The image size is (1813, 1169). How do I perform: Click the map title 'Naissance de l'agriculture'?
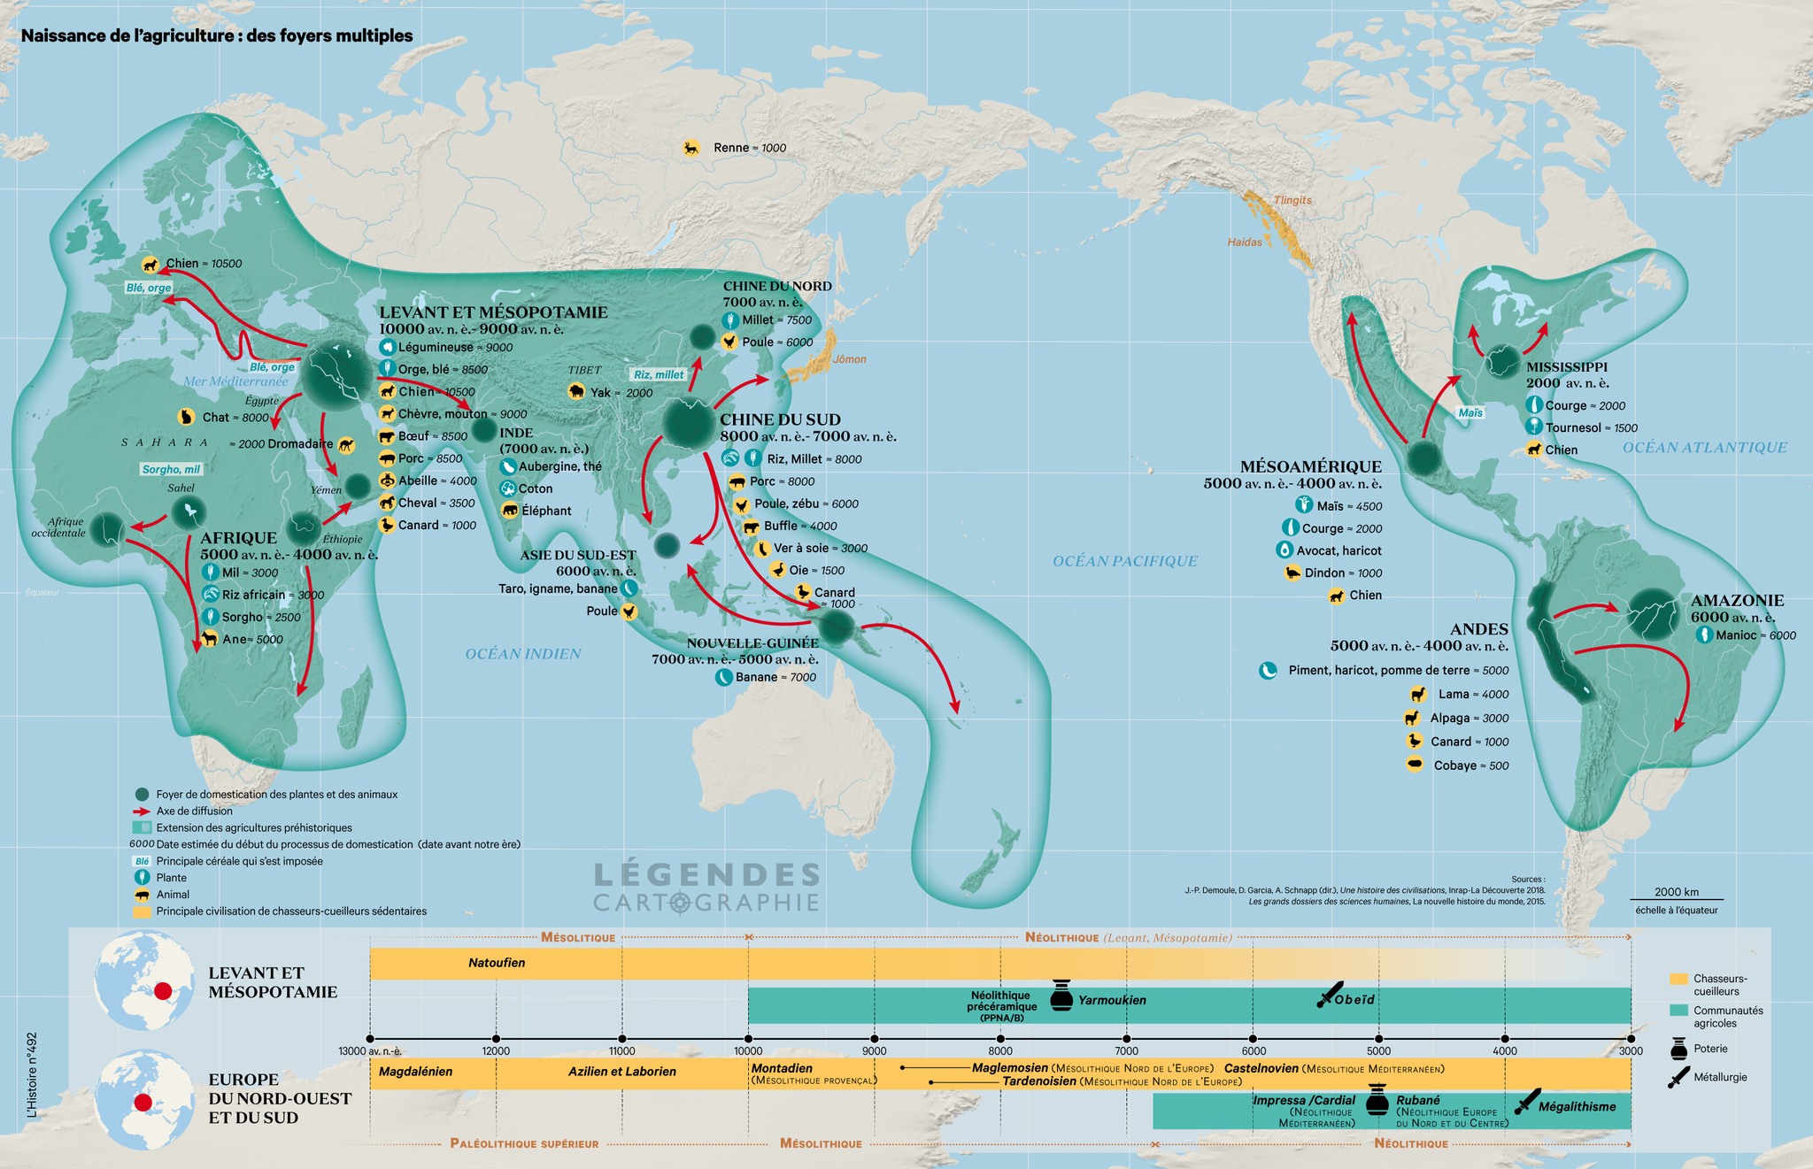(216, 36)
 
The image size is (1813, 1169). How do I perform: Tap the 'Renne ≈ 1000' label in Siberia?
(749, 148)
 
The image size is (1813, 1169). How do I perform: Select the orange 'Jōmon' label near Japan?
(849, 359)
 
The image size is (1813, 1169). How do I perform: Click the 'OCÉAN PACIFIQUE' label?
(1124, 561)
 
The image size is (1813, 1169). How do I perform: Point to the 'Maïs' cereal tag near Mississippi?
(1470, 412)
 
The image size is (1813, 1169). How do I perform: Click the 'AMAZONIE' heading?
(1737, 600)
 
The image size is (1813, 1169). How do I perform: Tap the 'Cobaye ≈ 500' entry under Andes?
(1470, 765)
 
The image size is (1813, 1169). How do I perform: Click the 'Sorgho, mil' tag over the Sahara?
(171, 469)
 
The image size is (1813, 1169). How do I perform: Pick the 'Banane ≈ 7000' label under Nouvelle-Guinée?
(775, 677)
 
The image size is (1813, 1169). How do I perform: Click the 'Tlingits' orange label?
(1292, 200)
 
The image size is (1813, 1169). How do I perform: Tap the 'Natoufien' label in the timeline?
(497, 963)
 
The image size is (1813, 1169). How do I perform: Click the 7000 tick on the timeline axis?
(1127, 1039)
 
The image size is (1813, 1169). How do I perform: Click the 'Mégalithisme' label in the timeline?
(1577, 1106)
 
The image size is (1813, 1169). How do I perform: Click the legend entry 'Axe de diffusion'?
(194, 811)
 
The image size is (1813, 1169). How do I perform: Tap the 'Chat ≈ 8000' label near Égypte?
(235, 417)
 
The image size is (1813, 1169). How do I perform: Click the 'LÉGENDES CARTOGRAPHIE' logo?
(706, 888)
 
